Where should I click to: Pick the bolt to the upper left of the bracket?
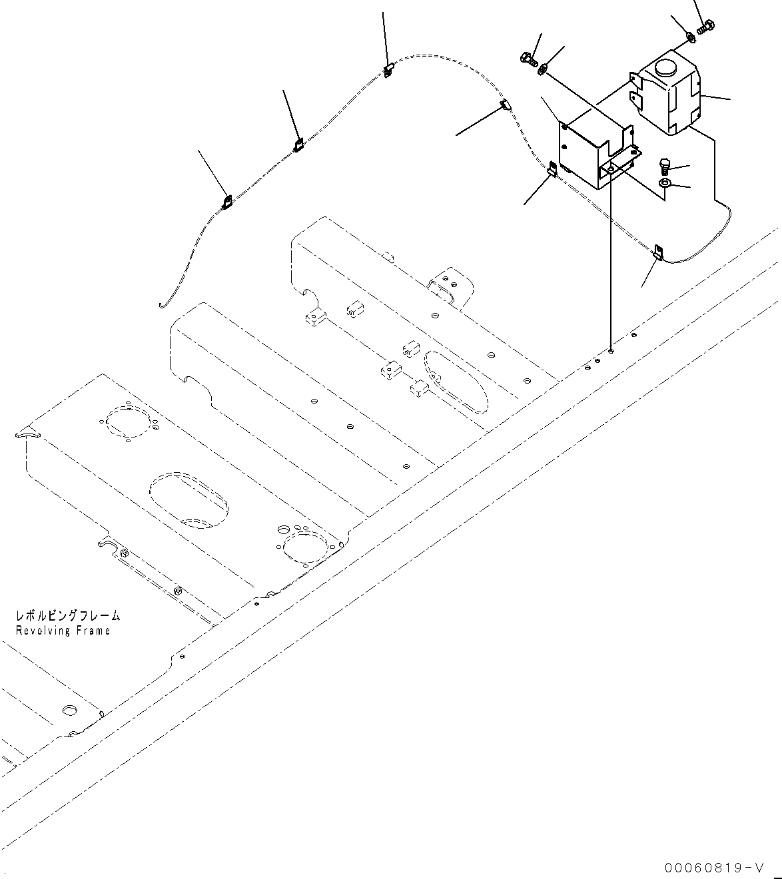[530, 60]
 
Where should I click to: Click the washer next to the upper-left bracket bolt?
[544, 67]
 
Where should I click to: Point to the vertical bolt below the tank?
[664, 164]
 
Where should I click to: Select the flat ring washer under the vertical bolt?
[665, 183]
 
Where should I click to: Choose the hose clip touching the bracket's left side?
[552, 170]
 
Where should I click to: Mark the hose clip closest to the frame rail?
[659, 252]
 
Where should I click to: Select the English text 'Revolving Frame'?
[63, 630]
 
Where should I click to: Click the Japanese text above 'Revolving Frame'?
[68, 617]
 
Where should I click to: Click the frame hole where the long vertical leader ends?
[611, 349]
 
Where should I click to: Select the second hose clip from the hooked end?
[299, 145]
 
